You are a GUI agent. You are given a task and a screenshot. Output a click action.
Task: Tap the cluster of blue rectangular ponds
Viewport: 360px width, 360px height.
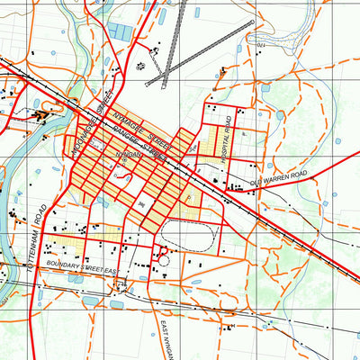coord(121,32)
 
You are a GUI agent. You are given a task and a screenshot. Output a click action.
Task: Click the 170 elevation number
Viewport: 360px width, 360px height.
coord(262,44)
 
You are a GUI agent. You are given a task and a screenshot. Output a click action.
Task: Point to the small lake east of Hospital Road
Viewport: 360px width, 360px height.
coord(282,115)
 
